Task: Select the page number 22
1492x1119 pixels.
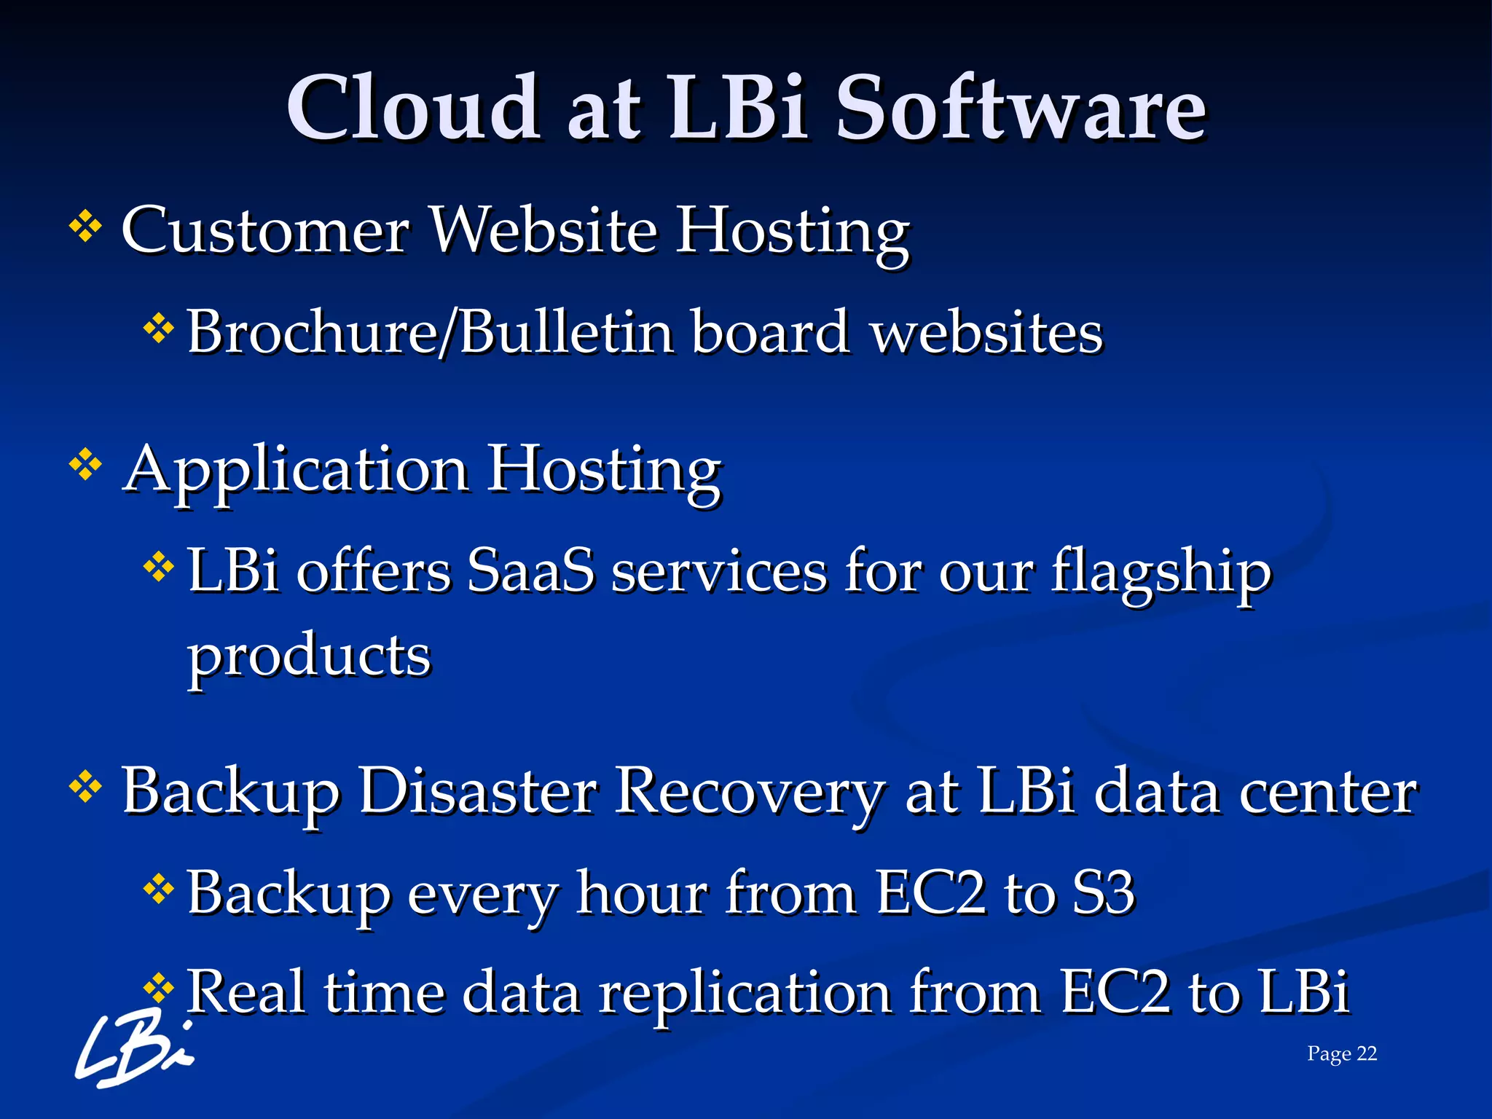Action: (x=1367, y=1053)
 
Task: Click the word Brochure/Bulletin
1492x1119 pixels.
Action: (x=430, y=332)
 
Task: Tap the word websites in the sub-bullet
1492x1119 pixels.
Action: (x=987, y=334)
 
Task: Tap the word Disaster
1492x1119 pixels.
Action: (x=478, y=791)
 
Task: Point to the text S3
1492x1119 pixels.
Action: (x=1104, y=893)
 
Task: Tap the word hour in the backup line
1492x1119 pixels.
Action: (x=641, y=893)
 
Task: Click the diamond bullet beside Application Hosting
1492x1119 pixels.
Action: (x=85, y=465)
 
